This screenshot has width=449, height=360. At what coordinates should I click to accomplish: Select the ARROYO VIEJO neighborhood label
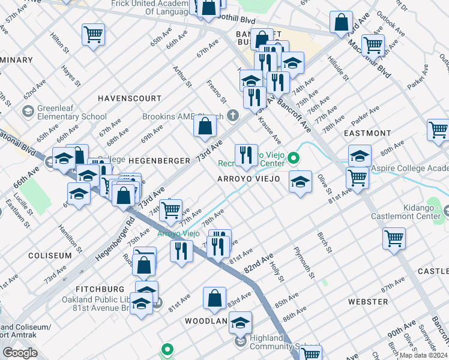tap(249, 179)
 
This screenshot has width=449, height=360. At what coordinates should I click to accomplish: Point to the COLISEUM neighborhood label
tap(50, 255)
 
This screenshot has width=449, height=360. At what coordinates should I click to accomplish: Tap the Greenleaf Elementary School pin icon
tap(27, 112)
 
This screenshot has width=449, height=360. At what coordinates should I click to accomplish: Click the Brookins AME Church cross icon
tap(233, 116)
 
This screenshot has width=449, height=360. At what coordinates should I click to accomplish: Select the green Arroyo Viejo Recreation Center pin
tap(294, 158)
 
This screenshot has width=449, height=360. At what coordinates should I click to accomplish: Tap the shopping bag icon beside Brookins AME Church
tap(205, 125)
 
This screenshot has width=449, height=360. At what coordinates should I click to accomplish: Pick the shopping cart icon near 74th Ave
tap(171, 209)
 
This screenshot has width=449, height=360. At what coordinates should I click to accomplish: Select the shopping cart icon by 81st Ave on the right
tap(358, 178)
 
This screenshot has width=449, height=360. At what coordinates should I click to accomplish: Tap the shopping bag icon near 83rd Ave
tap(214, 298)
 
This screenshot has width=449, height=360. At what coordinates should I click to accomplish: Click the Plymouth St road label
tap(304, 262)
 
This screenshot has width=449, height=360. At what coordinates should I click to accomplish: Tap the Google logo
tap(20, 353)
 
